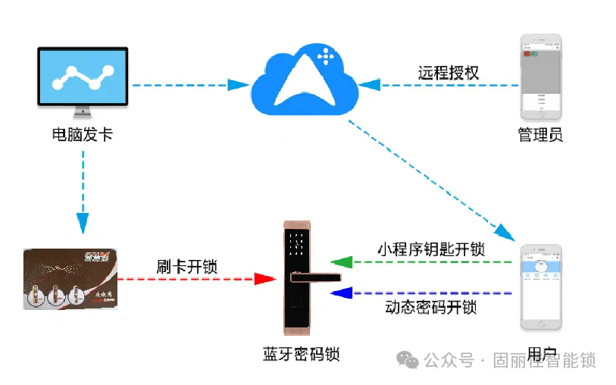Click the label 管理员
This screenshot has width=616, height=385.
pyautogui.click(x=540, y=135)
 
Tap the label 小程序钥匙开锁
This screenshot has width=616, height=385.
pyautogui.click(x=430, y=248)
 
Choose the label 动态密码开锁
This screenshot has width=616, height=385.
pyautogui.click(x=430, y=308)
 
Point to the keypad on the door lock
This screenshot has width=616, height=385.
pyautogui.click(x=298, y=243)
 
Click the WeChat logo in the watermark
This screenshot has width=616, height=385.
pyautogui.click(x=408, y=359)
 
